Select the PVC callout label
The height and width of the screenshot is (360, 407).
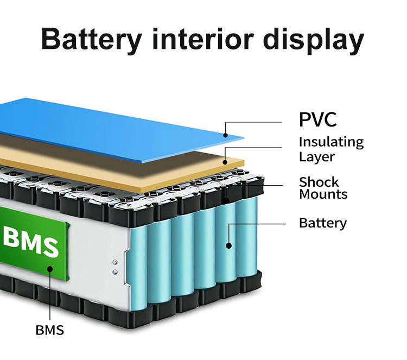pyautogui.click(x=317, y=119)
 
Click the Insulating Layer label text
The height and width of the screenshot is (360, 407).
pyautogui.click(x=330, y=149)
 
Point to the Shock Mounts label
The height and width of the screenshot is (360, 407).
pyautogui.click(x=323, y=188)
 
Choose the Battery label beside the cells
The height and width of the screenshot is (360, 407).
pyautogui.click(x=322, y=223)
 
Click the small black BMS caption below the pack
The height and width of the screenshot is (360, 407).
pyautogui.click(x=49, y=330)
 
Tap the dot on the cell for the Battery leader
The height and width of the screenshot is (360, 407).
pyautogui.click(x=228, y=246)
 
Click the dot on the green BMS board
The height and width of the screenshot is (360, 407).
pyautogui.click(x=50, y=268)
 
